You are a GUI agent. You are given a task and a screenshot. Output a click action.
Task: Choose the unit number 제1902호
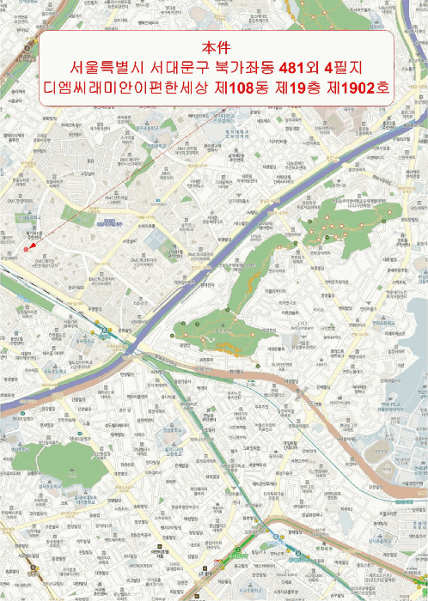[358, 88]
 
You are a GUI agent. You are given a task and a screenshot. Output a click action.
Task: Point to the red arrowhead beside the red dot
[32, 245]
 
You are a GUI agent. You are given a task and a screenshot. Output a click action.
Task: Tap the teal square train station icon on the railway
[105, 331]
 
